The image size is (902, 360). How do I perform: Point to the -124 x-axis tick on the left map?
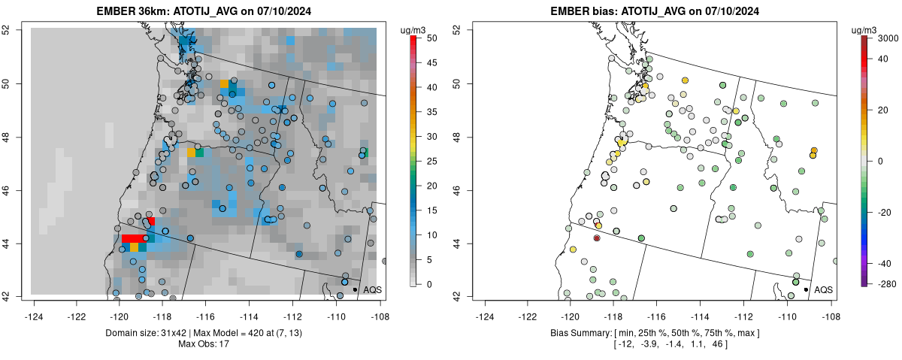34,307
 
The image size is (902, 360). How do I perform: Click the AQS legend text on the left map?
373,289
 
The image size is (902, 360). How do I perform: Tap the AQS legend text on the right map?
824,289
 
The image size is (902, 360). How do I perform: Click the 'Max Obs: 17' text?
204,344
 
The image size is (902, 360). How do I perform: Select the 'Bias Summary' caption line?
655,332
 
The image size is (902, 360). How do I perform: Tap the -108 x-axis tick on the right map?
831,307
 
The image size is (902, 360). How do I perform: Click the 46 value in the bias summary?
715,344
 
